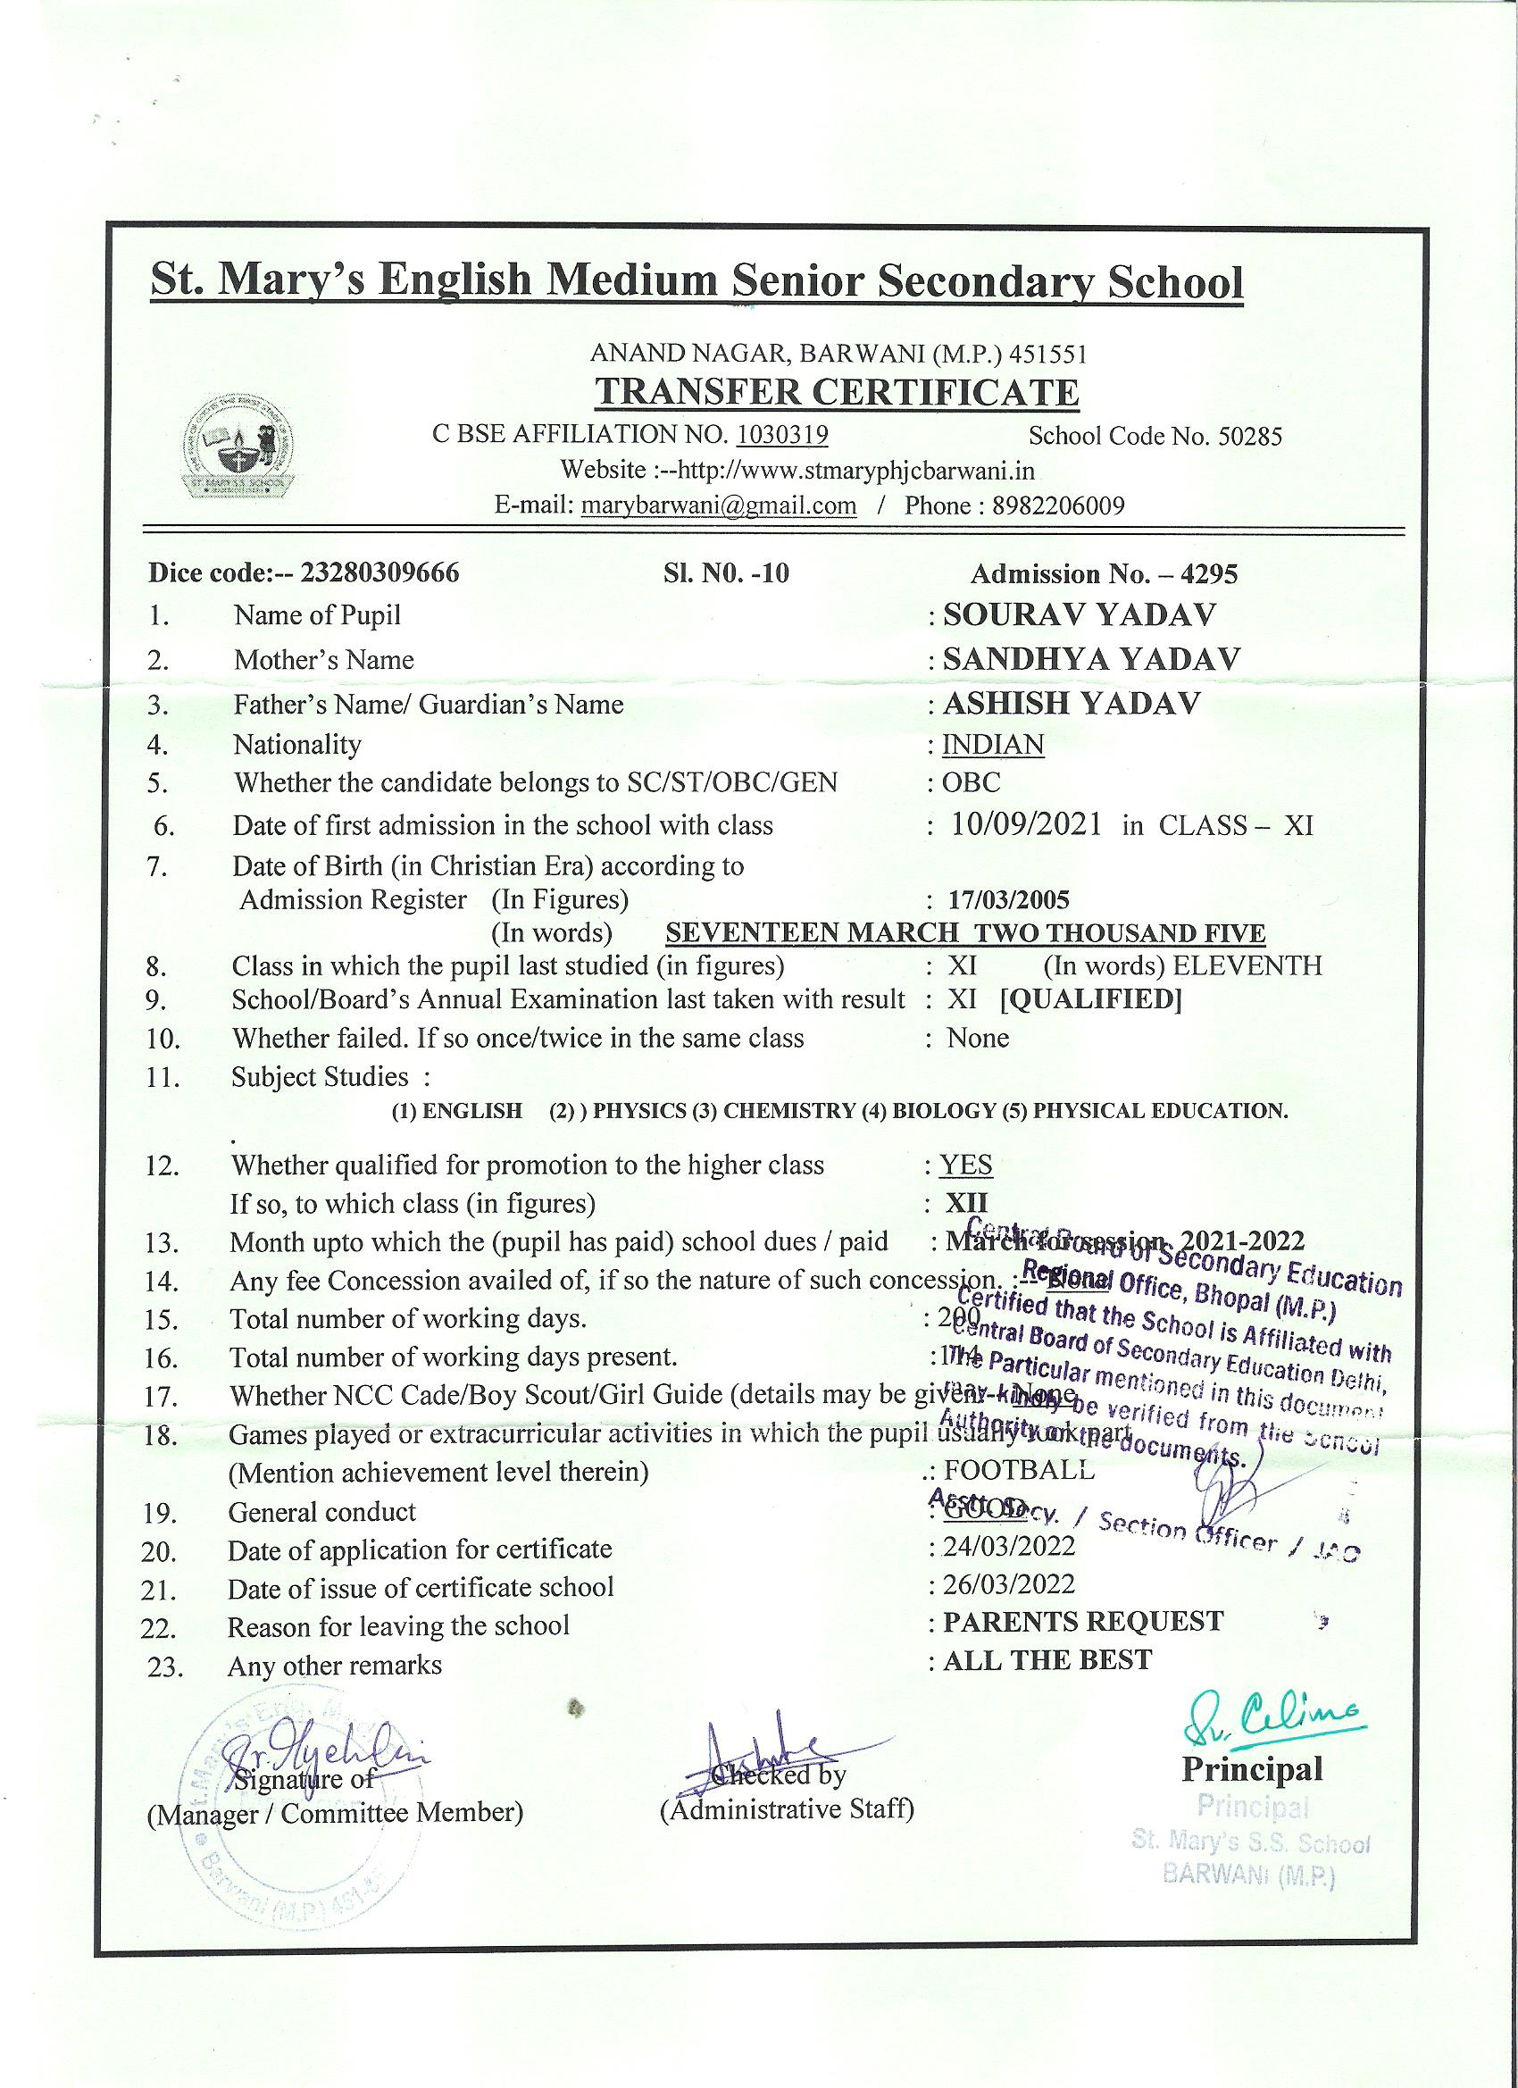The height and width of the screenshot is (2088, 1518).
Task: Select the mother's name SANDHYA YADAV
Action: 1091,659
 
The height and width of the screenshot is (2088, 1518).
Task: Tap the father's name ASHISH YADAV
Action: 1072,705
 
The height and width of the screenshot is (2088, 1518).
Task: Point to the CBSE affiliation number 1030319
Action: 782,435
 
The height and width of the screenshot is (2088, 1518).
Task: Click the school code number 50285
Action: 1249,437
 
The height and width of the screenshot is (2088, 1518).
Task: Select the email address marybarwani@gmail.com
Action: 719,505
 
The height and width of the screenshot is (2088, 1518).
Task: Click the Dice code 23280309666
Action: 380,573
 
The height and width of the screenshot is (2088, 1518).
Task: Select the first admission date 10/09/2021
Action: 1026,825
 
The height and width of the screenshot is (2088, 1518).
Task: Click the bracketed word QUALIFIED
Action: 1091,1000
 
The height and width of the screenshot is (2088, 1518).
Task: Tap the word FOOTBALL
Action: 1019,1470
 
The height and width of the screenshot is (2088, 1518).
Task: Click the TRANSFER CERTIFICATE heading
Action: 836,393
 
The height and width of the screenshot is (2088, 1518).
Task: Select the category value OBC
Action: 971,783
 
